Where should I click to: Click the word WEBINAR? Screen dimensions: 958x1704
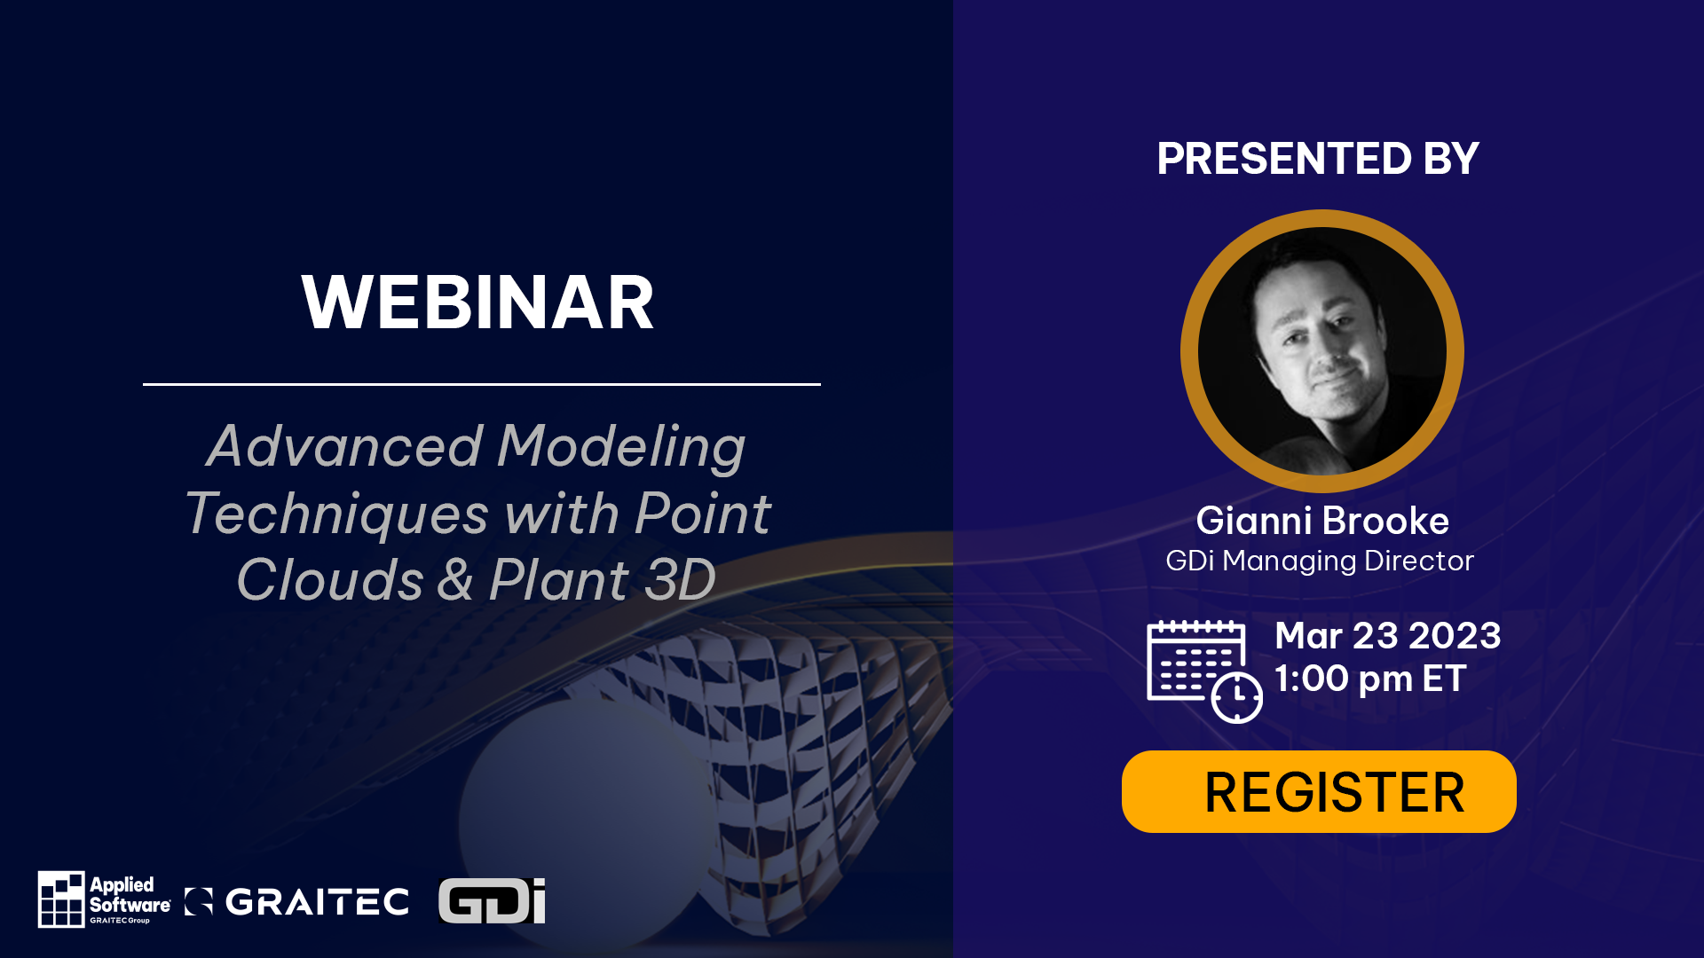click(477, 303)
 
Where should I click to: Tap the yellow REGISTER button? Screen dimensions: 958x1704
click(1319, 791)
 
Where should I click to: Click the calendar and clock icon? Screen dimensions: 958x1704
click(1203, 671)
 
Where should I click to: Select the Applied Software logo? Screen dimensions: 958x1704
click(104, 899)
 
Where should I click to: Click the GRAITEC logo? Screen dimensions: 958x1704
click(297, 902)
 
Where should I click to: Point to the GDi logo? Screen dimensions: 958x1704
click(492, 901)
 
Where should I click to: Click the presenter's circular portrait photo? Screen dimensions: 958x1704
click(1321, 351)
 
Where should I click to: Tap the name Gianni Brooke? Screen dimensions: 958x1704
click(1321, 521)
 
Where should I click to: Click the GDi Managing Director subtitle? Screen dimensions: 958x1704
click(1319, 561)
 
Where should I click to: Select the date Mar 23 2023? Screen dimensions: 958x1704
click(1387, 636)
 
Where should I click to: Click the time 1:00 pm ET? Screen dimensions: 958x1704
click(1369, 679)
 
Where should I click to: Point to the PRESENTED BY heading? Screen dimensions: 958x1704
click(1318, 160)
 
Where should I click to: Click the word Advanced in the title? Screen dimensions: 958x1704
click(344, 445)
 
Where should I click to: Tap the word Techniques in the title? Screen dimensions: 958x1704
click(337, 514)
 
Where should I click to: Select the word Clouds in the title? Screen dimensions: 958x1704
click(329, 580)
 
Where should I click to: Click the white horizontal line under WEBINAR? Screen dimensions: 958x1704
click(481, 384)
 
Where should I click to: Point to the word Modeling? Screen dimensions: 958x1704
click(620, 447)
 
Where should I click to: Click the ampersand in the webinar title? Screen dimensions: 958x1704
click(454, 580)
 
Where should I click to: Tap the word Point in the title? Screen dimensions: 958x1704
click(702, 514)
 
